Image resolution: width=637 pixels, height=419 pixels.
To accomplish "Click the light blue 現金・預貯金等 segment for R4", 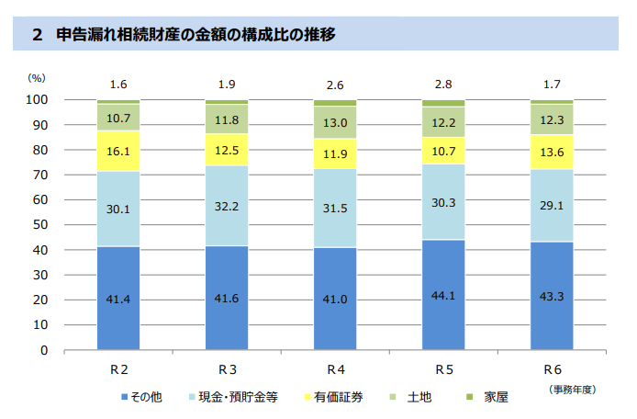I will pos(335,208).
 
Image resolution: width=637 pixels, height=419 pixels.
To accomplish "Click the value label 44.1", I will pos(443,296).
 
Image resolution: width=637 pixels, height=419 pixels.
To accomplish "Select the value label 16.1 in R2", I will pos(118,152).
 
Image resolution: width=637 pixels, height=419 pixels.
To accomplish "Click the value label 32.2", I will pos(227,207).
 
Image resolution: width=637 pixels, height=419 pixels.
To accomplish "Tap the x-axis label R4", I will pos(335,369).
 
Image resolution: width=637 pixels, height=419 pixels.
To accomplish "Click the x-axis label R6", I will pos(552,369).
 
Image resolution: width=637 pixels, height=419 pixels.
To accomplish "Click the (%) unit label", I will pos(37,80).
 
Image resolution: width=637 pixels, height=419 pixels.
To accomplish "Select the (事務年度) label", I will pos(573,390).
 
